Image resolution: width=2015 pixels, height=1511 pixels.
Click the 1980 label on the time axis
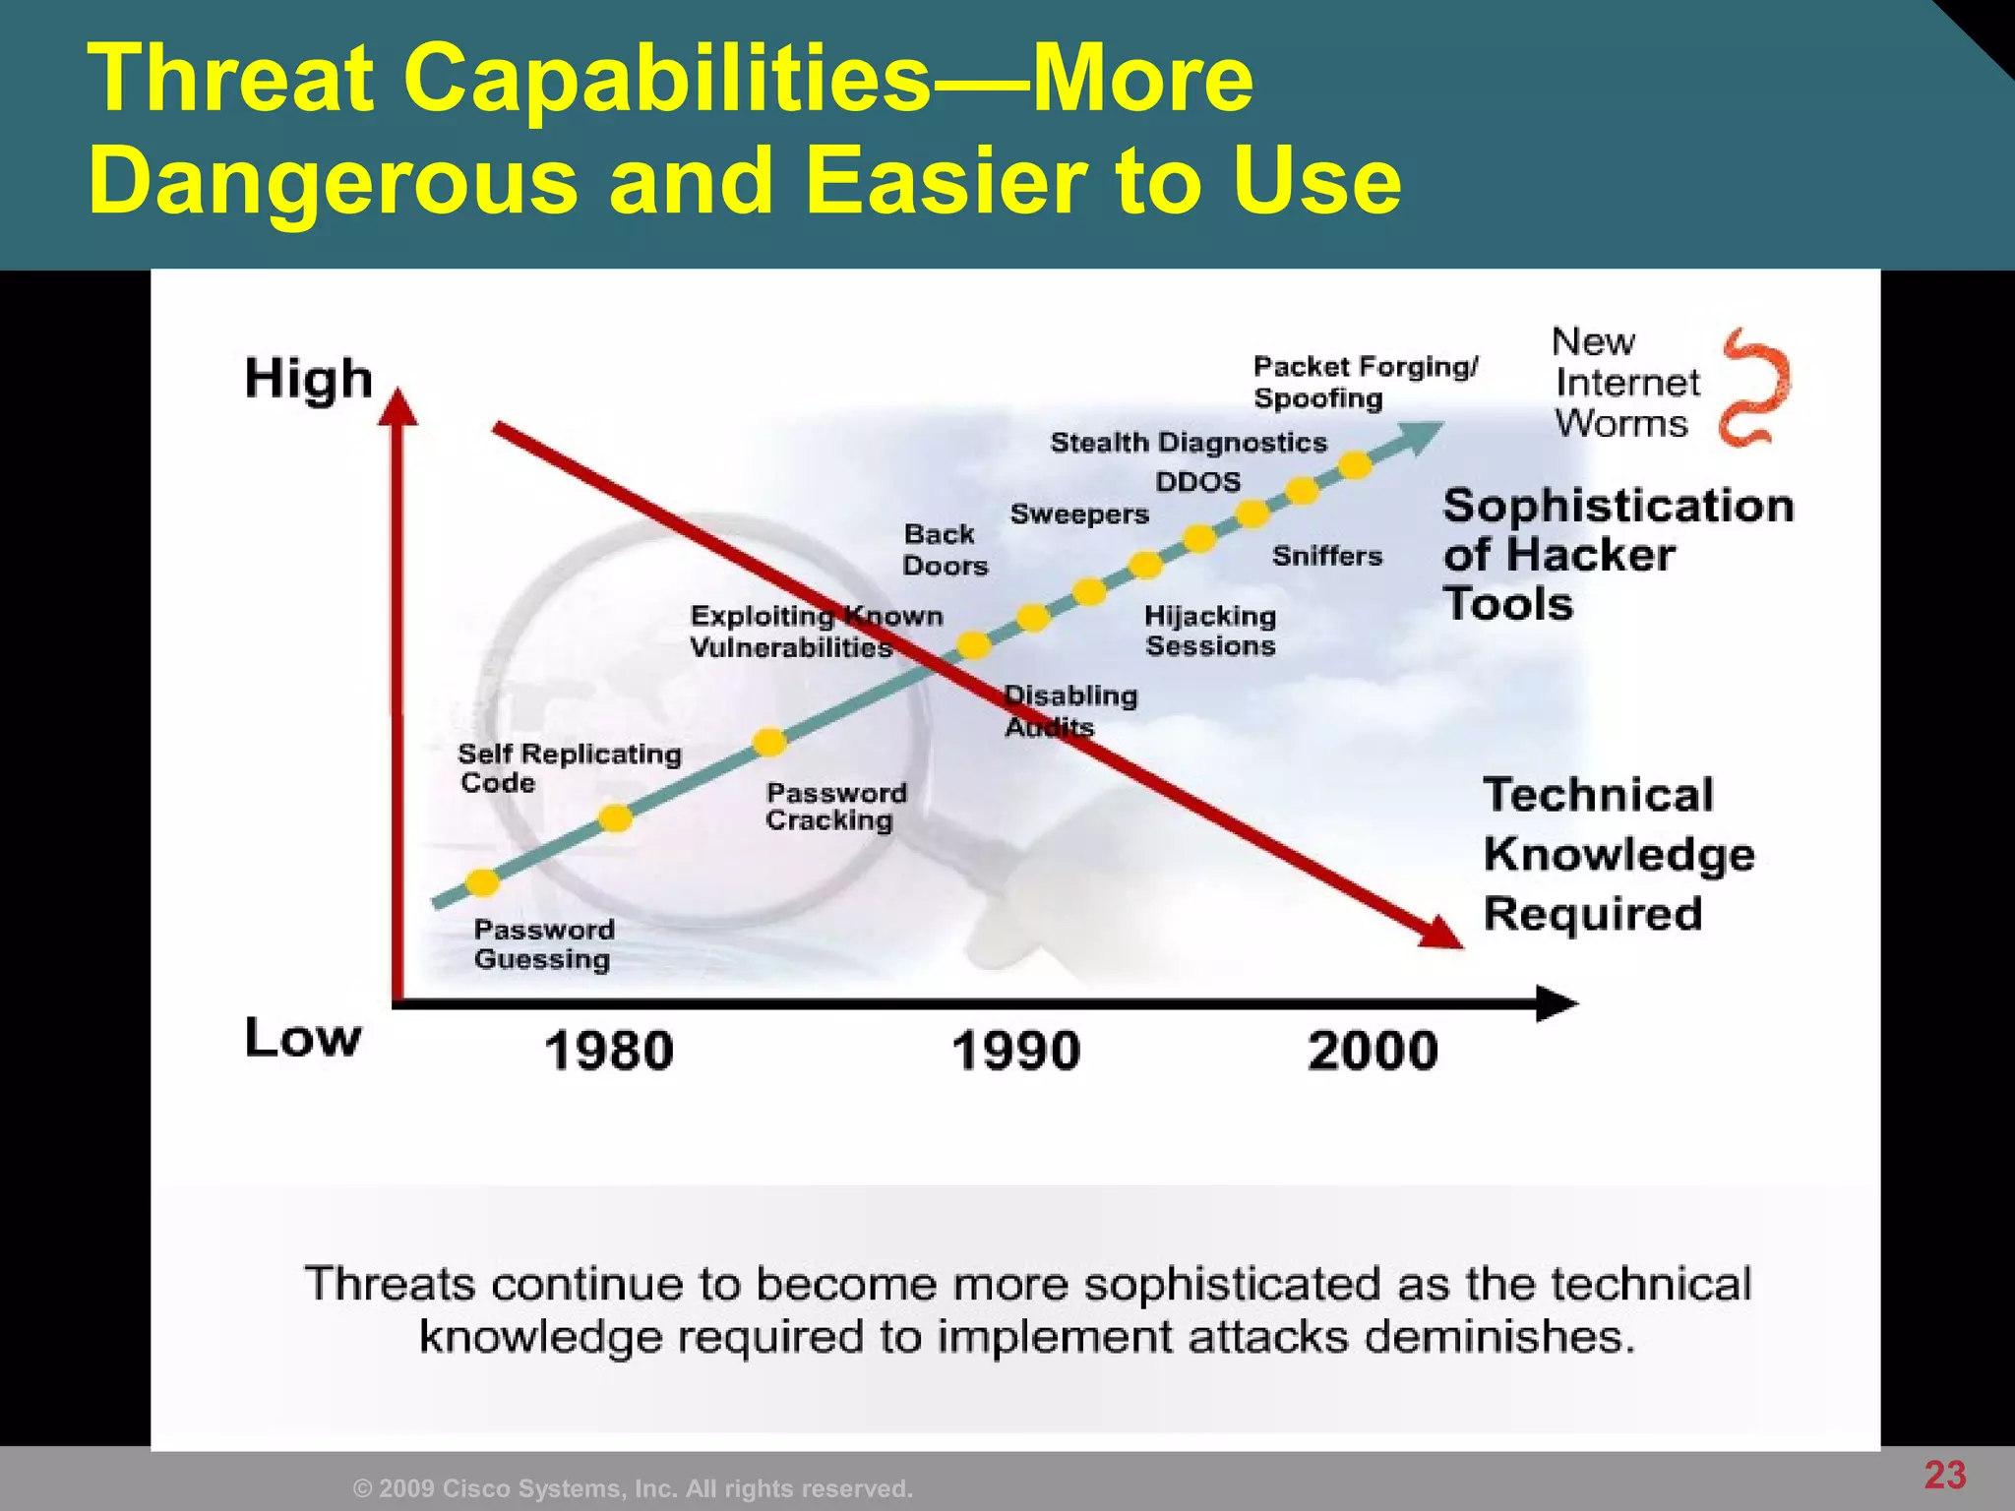(x=609, y=1051)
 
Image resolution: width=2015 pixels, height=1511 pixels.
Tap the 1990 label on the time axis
(x=1016, y=1051)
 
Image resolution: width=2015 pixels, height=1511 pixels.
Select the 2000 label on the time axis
(x=1373, y=1051)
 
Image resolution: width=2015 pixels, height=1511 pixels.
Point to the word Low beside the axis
(x=303, y=1039)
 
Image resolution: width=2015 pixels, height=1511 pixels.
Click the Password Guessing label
(x=543, y=944)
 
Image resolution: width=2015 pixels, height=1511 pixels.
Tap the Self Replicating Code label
(x=569, y=768)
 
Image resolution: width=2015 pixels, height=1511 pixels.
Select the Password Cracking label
(x=835, y=807)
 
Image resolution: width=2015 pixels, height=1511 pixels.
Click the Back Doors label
(x=945, y=550)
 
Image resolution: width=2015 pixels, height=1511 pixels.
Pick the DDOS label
(x=1197, y=482)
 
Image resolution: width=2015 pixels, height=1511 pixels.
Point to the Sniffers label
(x=1327, y=556)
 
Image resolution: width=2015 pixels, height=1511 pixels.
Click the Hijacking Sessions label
(x=1210, y=631)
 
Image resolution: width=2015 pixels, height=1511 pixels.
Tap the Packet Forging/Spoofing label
(x=1364, y=382)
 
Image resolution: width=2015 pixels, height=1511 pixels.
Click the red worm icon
(x=1756, y=388)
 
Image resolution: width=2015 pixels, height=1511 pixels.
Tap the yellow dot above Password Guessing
(x=483, y=881)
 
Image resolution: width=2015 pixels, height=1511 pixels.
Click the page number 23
(x=1944, y=1476)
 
